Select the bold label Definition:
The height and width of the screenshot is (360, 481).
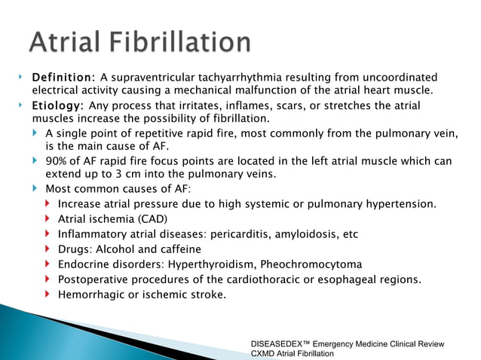(63, 78)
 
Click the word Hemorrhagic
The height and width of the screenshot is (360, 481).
(92, 294)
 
